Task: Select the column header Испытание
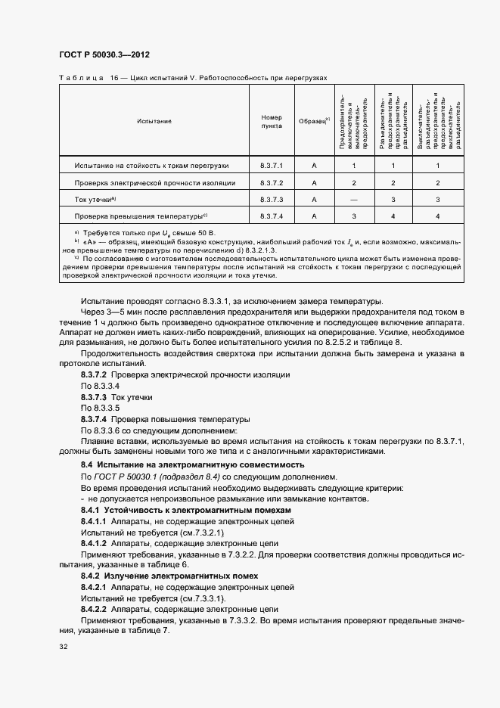pyautogui.click(x=154, y=121)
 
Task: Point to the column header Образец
pyautogui.click(x=313, y=121)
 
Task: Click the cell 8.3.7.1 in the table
pyautogui.click(x=272, y=166)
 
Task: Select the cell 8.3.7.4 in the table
pyautogui.click(x=272, y=216)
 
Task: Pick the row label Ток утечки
pyautogui.click(x=95, y=200)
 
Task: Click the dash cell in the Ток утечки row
pyautogui.click(x=353, y=200)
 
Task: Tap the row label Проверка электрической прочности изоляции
pyautogui.click(x=155, y=183)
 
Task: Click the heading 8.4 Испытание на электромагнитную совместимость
pyautogui.click(x=192, y=464)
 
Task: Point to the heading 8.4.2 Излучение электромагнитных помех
pyautogui.click(x=169, y=576)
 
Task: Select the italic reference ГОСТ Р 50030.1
pyautogui.click(x=126, y=477)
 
